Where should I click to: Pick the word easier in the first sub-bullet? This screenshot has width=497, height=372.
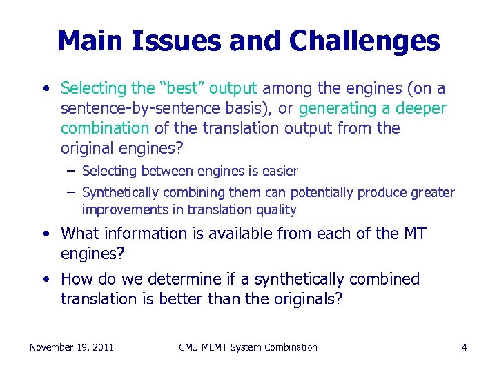(x=280, y=170)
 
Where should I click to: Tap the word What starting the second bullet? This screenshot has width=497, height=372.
(x=81, y=234)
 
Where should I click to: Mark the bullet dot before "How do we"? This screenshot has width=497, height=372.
(x=45, y=280)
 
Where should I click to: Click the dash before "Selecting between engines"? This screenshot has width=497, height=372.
(x=72, y=170)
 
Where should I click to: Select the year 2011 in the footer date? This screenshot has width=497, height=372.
(x=101, y=347)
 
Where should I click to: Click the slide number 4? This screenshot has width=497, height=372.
(x=464, y=347)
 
